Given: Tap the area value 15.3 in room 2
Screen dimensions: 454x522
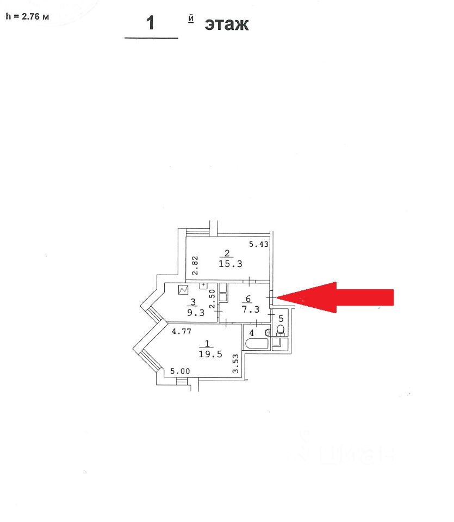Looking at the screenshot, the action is click(x=229, y=264).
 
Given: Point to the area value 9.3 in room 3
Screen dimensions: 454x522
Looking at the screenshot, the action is click(x=192, y=313).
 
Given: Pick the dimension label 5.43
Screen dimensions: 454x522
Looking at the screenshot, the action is click(x=259, y=245).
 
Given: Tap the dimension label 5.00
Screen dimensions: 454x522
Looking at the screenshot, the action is click(x=180, y=372).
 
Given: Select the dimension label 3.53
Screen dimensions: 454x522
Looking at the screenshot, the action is click(x=236, y=364).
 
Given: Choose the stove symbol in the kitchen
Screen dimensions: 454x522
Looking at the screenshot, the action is click(x=183, y=290).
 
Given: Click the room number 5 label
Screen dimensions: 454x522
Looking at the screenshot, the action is click(x=281, y=319).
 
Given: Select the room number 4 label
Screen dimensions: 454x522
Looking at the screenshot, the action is click(x=252, y=332).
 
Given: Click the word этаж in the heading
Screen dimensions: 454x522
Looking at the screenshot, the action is click(x=226, y=24).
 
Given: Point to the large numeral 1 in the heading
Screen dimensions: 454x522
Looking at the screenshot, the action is click(x=151, y=23).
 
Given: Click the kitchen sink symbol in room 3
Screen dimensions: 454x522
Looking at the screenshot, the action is click(x=204, y=284).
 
